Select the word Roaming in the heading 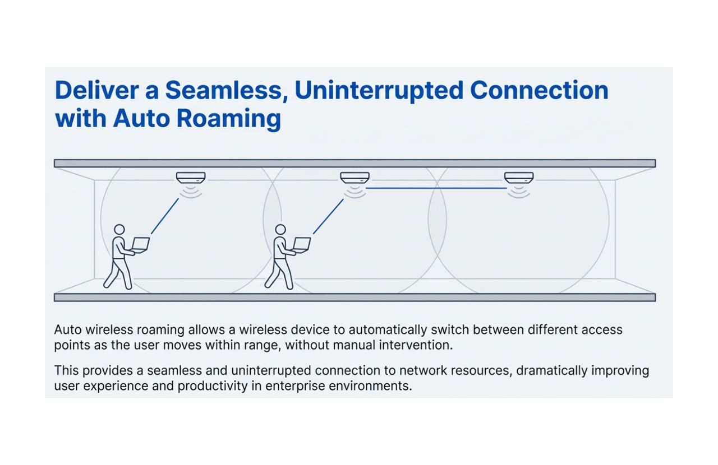tap(229, 119)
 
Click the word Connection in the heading tap(539, 90)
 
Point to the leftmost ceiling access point tap(191, 178)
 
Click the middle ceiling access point tap(355, 178)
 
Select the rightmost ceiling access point tap(519, 178)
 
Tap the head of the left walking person tap(119, 230)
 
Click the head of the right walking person tap(280, 230)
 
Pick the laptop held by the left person tap(140, 245)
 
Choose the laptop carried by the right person tap(302, 245)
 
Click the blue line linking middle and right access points tap(436, 188)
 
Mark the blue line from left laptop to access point tap(165, 216)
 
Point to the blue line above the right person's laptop tap(328, 216)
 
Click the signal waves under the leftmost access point tap(191, 192)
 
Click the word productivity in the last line tap(213, 386)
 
